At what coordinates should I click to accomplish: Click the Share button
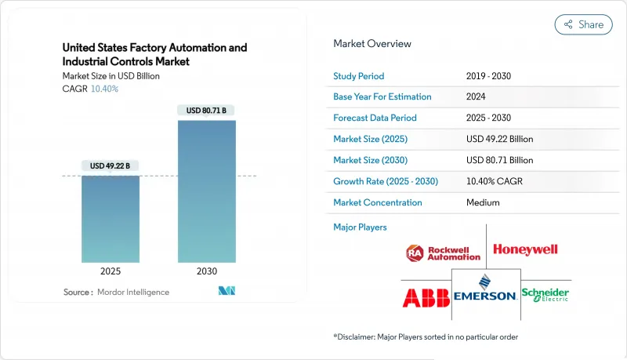click(583, 24)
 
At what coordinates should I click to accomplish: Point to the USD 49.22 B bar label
click(110, 165)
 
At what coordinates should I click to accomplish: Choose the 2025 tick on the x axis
click(110, 271)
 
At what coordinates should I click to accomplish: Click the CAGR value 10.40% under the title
click(104, 89)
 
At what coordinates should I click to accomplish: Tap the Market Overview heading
click(372, 44)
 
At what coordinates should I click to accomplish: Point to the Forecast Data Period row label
click(375, 118)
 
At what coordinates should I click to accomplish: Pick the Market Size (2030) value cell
click(499, 161)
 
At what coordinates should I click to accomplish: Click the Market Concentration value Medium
click(482, 203)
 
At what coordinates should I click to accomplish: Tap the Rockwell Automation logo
click(443, 253)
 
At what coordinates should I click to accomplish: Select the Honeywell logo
click(525, 249)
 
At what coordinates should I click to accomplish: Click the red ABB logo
click(426, 297)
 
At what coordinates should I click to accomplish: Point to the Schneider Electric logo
click(545, 294)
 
